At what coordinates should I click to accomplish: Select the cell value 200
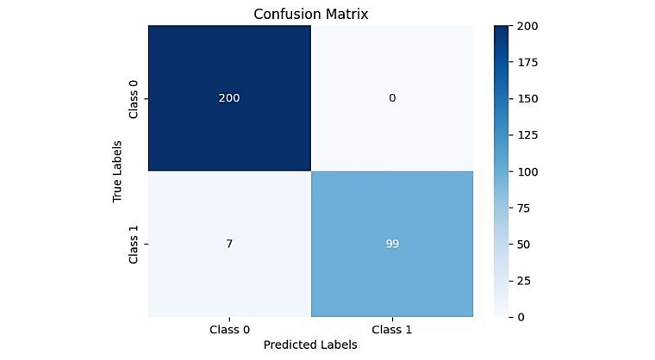click(x=228, y=98)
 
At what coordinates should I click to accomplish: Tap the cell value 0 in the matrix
click(x=392, y=98)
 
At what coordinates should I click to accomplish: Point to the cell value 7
click(x=228, y=244)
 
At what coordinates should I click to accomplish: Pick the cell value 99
click(x=392, y=244)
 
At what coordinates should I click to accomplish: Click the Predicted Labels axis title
click(x=309, y=344)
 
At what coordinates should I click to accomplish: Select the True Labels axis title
click(x=117, y=171)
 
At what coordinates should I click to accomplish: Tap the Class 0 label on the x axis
click(x=228, y=329)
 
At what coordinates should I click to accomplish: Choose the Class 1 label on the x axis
click(x=392, y=329)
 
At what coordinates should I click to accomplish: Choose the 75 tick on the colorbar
click(x=527, y=208)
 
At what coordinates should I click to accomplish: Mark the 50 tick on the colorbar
click(x=527, y=245)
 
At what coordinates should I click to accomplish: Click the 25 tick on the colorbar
click(x=527, y=281)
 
